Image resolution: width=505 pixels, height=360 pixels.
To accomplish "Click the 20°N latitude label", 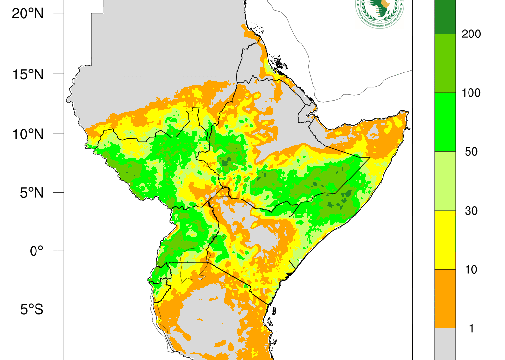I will [28, 14].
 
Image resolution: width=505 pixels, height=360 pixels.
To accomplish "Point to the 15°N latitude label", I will [28, 74].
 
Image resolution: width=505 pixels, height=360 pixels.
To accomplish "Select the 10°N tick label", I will [28, 134].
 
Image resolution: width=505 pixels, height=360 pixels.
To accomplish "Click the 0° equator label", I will [36, 251].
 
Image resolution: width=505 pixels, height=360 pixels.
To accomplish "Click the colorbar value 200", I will [470, 34].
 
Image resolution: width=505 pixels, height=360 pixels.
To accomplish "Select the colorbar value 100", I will [470, 93].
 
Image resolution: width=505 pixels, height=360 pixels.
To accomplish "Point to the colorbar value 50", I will [471, 152].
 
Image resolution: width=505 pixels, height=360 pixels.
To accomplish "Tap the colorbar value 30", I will [471, 211].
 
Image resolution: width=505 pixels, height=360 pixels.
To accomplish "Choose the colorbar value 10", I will [471, 270].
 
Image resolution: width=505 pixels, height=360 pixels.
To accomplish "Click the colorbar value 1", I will [471, 328].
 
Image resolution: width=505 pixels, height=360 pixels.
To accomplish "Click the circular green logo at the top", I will [379, 11].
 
